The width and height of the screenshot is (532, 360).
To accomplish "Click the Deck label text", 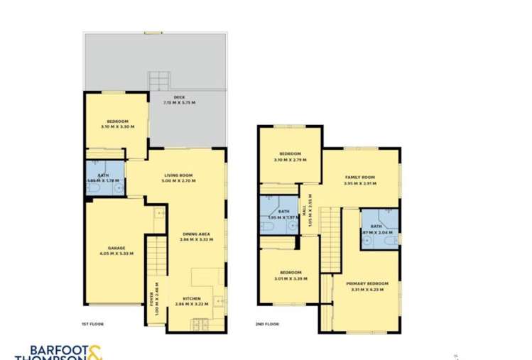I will point(179,98).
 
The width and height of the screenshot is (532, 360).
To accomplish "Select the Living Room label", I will point(178,175).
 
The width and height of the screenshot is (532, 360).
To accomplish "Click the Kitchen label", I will point(192,298).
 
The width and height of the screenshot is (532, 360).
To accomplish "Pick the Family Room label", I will point(359,177).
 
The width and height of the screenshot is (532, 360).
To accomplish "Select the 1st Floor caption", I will point(92,324).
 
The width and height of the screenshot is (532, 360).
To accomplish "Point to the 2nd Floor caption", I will point(267,324).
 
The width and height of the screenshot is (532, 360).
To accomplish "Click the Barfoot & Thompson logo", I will point(60,351).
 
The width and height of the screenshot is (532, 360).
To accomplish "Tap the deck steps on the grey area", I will point(159,80).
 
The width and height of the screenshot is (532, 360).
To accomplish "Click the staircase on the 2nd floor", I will point(329,241).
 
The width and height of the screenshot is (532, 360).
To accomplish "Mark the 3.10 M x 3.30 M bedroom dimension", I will point(117,126).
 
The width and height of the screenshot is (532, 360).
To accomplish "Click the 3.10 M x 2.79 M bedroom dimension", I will point(290,160).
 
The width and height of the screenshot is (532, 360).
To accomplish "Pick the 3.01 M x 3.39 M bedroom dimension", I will point(290,278).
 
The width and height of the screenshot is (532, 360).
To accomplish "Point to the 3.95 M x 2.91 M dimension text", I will point(359,182).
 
